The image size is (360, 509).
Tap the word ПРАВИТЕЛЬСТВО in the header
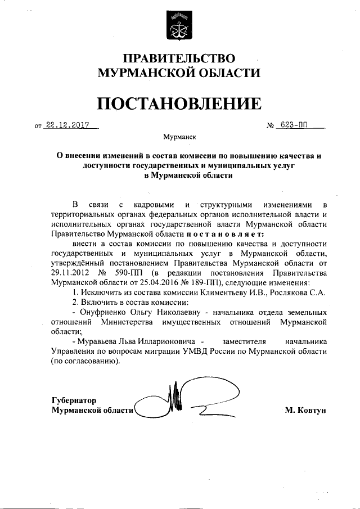[x=179, y=58]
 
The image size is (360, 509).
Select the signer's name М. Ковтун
[x=305, y=410]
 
